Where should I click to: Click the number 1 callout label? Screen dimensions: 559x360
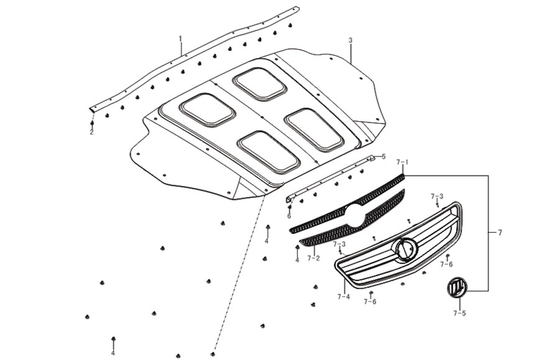[180, 38]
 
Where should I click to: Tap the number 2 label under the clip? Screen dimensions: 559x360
[92, 133]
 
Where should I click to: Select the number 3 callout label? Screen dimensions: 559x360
[350, 40]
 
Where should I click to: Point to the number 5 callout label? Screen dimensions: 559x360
[384, 156]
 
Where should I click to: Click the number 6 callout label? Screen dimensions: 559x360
[289, 216]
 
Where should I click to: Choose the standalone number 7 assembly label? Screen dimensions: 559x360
[500, 233]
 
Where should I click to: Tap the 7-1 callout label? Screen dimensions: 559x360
[402, 163]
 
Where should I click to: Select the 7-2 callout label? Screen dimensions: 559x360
[314, 258]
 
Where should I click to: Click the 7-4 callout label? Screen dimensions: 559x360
[343, 296]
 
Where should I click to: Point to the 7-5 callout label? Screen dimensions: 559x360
[460, 313]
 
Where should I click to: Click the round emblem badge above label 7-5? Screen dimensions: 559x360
[457, 287]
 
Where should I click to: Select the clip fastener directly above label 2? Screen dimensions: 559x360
[92, 124]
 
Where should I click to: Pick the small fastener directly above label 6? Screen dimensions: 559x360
[289, 207]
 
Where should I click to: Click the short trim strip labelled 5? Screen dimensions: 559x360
[330, 176]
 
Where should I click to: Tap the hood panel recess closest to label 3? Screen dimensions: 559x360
[259, 84]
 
